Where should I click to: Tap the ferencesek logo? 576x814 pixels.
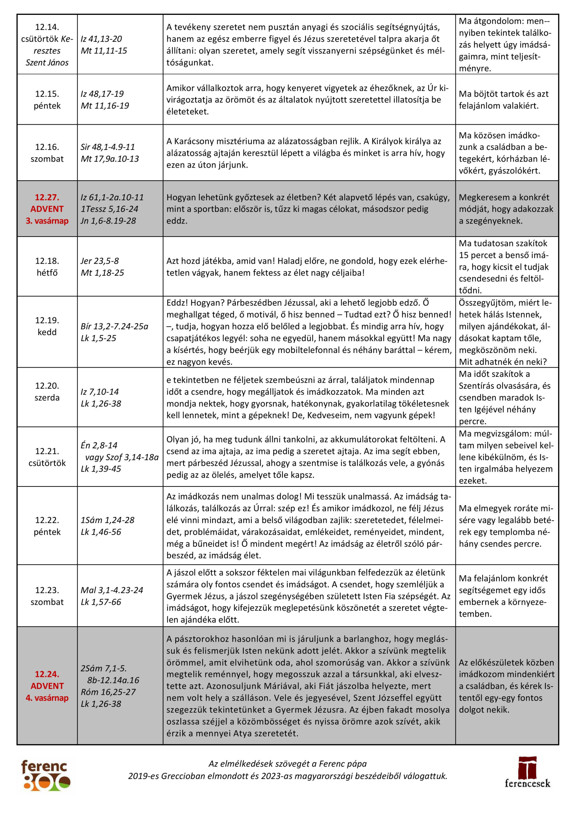coord(527,777)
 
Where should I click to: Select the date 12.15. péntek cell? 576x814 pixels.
coord(47,100)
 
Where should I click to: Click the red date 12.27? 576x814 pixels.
coord(47,197)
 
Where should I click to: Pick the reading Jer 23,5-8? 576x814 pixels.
coord(100,261)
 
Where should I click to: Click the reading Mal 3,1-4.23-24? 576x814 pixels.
coord(112,590)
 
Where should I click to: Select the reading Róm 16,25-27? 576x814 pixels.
coord(108,692)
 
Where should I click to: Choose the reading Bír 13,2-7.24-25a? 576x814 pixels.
coord(114,326)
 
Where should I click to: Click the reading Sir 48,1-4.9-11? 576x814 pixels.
coord(108,147)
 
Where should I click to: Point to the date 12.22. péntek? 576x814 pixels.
coord(47,526)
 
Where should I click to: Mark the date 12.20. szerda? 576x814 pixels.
coord(47,391)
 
